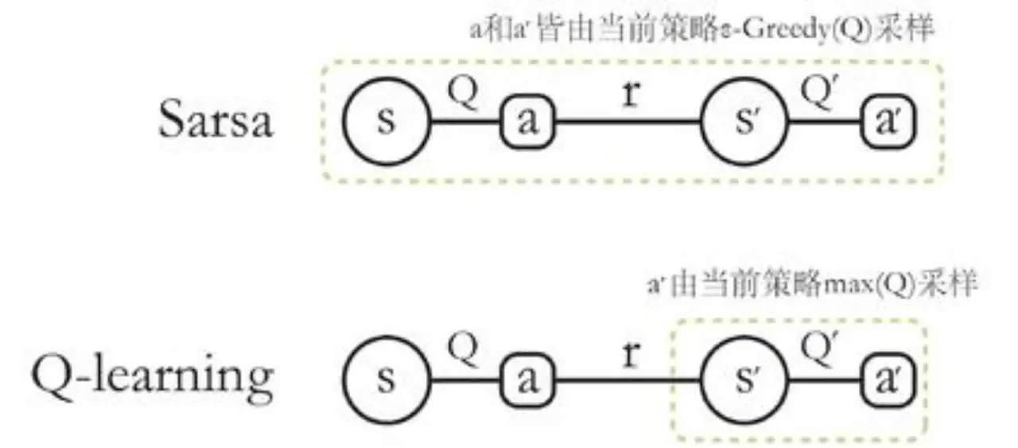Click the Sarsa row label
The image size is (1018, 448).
point(215,122)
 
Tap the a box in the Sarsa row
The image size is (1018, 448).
point(526,123)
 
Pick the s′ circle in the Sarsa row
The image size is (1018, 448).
point(743,122)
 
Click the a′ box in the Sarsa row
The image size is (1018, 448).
point(889,123)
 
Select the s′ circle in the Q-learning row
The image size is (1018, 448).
point(743,380)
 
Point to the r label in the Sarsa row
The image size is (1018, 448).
point(631,95)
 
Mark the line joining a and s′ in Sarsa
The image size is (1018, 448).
point(628,123)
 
